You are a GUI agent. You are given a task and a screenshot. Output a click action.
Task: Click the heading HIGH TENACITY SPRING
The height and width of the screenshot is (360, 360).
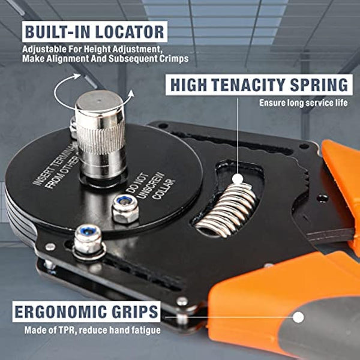pos(258,85)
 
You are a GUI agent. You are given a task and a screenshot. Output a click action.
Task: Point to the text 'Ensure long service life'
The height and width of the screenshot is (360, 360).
pos(303,103)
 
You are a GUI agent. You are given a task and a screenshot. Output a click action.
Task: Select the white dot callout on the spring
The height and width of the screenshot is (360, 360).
pos(238,178)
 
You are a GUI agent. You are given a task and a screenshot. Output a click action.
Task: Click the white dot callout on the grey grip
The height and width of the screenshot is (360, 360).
pos(298,317)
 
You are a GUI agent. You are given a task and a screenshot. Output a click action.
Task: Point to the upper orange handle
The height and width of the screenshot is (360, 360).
pos(342,174)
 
